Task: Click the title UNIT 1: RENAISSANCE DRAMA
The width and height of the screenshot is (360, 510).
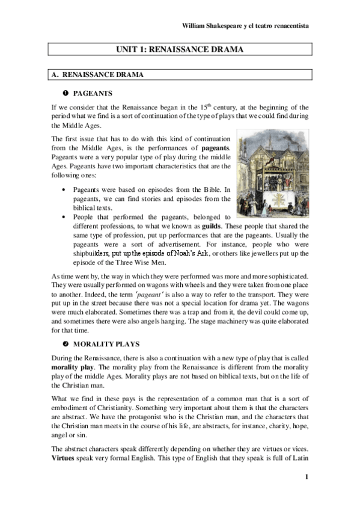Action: click(x=180, y=50)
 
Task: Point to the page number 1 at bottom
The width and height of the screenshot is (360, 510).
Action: click(x=306, y=478)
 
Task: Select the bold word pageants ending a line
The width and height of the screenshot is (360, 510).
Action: click(x=216, y=147)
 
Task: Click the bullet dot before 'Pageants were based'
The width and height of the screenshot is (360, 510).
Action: click(x=64, y=190)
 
